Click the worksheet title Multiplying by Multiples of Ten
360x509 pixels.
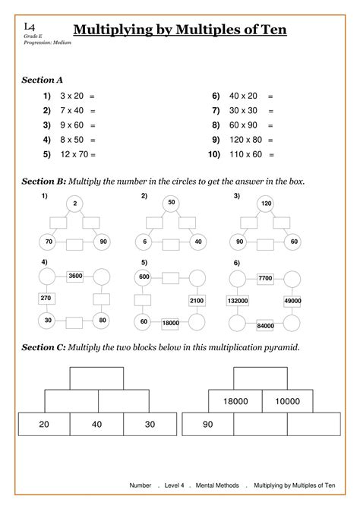pyautogui.click(x=179, y=30)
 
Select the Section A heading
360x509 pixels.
pyautogui.click(x=42, y=79)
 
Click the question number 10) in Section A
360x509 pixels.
pyautogui.click(x=212, y=154)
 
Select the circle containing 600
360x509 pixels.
pyautogui.click(x=144, y=277)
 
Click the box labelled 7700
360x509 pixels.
pyautogui.click(x=265, y=279)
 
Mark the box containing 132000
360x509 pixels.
pyautogui.click(x=238, y=301)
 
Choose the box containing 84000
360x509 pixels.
pyautogui.click(x=266, y=326)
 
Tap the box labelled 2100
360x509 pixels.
pyautogui.click(x=196, y=301)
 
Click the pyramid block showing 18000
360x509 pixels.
pyautogui.click(x=235, y=400)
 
